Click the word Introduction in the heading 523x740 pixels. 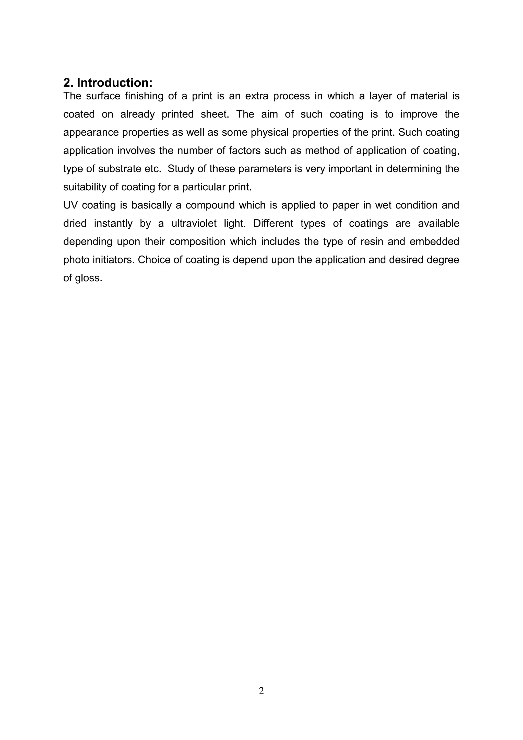click(114, 83)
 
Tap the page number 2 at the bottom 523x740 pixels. click(261, 690)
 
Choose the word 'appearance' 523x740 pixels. click(91, 132)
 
